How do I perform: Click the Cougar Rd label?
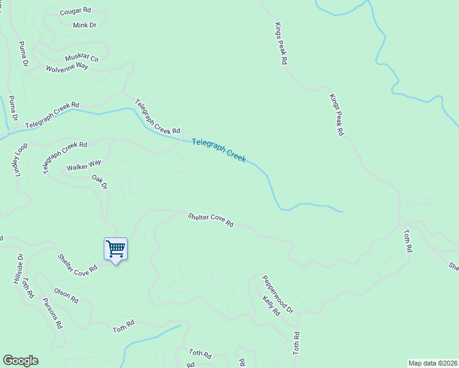[75, 12]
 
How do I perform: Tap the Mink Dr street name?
[85, 25]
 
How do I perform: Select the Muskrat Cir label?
[82, 58]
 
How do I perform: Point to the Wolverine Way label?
[67, 67]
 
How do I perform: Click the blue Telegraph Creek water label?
[218, 150]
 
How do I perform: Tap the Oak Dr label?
[99, 182]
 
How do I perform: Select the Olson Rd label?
[66, 296]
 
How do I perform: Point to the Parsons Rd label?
[53, 313]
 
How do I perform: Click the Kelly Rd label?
[271, 305]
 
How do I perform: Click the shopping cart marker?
[115, 249]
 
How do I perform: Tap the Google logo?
[20, 361]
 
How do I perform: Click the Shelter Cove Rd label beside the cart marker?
[78, 264]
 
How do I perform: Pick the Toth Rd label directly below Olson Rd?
[123, 326]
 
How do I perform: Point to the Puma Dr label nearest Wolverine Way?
[24, 54]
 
